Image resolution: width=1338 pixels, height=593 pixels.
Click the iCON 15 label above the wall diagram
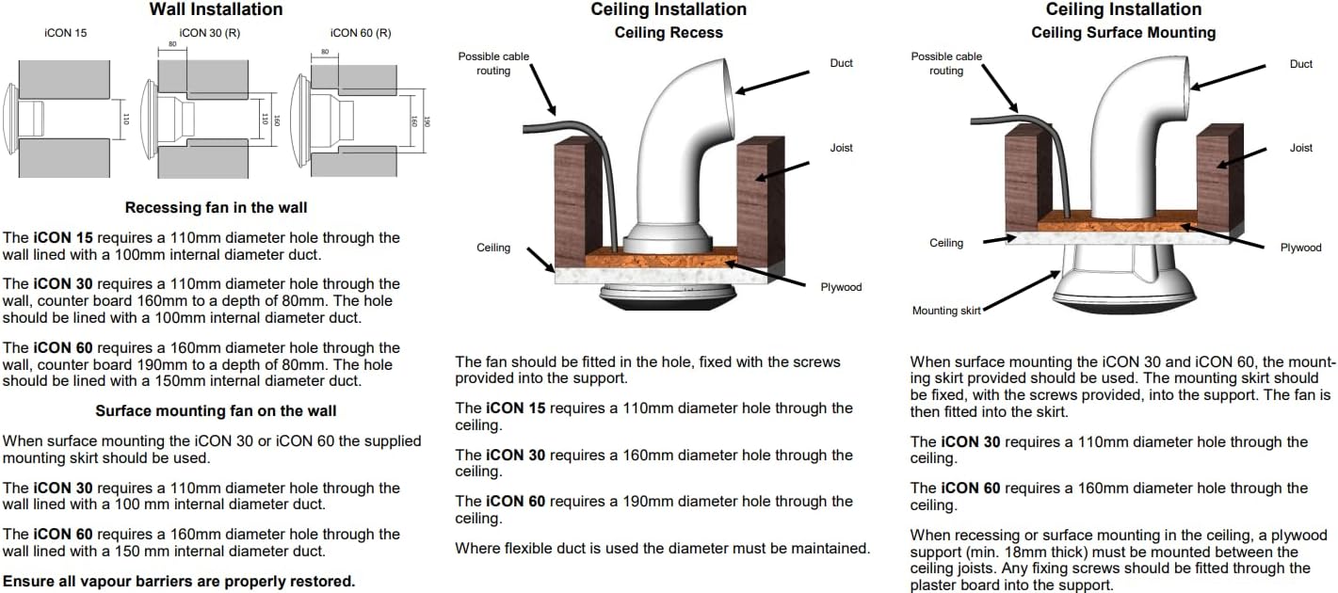[66, 33]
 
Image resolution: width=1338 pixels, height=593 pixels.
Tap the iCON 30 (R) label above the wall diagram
[210, 33]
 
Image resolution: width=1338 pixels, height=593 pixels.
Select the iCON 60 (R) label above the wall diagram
[361, 33]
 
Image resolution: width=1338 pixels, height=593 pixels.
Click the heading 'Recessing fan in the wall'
[216, 207]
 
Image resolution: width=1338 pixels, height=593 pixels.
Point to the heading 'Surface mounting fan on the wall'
[216, 410]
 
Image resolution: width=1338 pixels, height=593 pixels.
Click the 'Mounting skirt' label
[946, 311]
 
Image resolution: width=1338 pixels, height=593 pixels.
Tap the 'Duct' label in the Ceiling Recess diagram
[841, 63]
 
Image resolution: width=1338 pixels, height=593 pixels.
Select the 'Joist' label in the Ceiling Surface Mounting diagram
[1301, 148]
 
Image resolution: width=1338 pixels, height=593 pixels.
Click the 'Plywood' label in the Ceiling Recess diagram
[841, 287]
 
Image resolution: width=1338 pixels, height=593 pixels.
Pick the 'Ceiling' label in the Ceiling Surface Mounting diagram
[946, 243]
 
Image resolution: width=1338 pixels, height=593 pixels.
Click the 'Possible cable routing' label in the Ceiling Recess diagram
[493, 63]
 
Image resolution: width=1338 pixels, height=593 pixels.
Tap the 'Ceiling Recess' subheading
[669, 33]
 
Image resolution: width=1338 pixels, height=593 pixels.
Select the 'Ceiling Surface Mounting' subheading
[1123, 33]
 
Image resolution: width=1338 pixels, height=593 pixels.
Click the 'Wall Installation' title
[216, 9]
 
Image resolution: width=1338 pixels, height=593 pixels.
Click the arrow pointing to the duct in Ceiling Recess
[772, 83]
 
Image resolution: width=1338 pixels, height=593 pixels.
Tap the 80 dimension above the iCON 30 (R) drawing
[172, 44]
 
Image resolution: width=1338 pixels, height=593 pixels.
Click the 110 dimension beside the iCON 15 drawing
[125, 119]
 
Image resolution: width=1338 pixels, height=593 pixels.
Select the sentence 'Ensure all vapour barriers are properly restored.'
[179, 582]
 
